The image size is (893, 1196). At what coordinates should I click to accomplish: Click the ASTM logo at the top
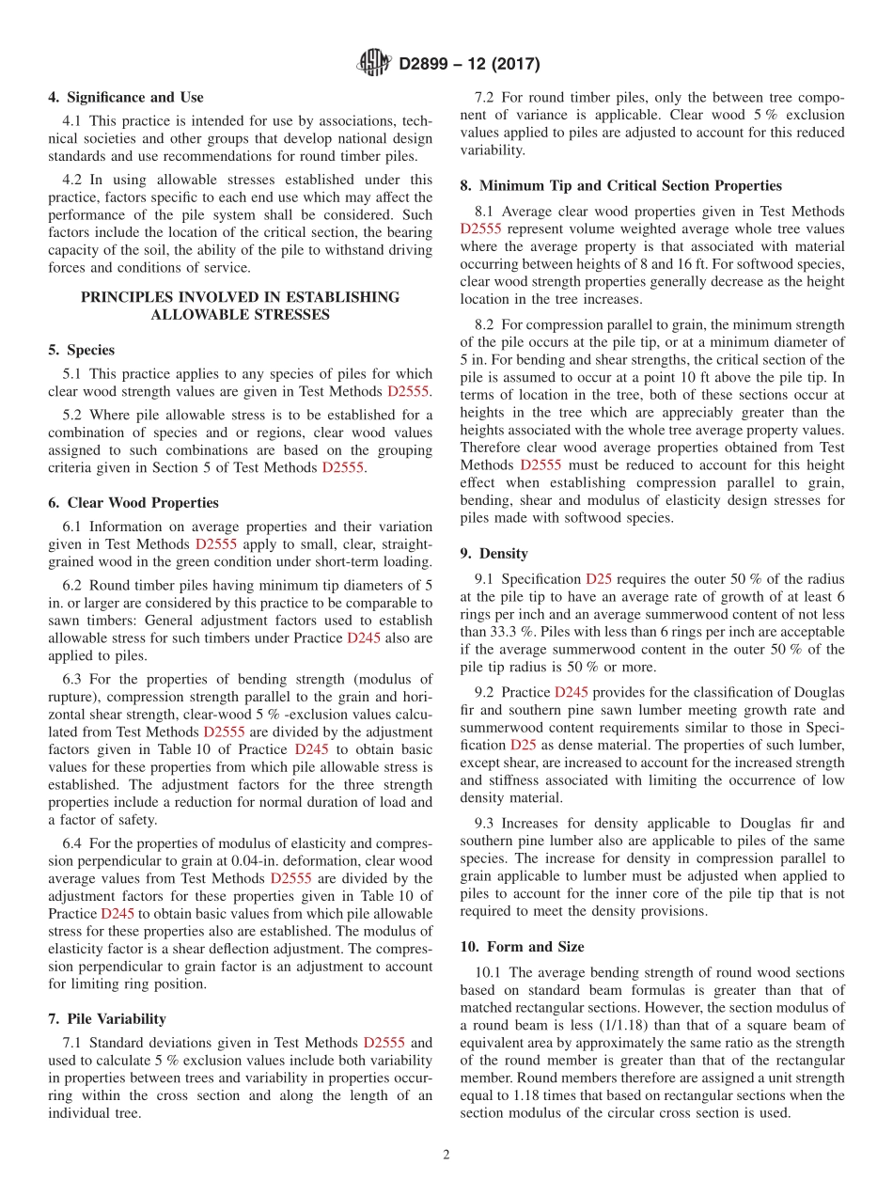click(x=375, y=64)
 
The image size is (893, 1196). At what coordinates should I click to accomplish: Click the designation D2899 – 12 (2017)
click(x=469, y=65)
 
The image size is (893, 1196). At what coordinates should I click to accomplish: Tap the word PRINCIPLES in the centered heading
click(x=127, y=297)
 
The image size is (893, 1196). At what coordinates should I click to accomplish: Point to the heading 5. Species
click(x=81, y=351)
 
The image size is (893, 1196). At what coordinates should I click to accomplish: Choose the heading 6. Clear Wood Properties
click(x=133, y=503)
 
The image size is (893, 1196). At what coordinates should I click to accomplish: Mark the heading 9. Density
click(x=493, y=554)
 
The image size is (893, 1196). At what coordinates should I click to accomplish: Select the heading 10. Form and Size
click(x=522, y=947)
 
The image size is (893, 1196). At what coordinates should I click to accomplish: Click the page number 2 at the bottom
click(x=446, y=1156)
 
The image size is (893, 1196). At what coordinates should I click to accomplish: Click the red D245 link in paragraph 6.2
click(x=363, y=637)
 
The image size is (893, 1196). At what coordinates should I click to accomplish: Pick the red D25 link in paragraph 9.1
click(x=598, y=578)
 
